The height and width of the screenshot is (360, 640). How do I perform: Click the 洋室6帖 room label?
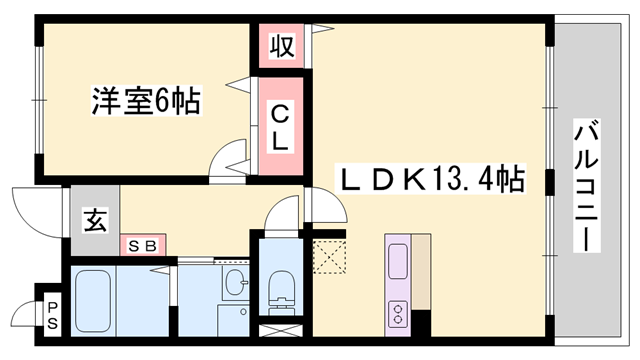pyautogui.click(x=146, y=100)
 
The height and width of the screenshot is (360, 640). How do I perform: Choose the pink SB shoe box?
pyautogui.click(x=146, y=244)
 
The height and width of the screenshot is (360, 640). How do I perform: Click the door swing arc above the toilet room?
pyautogui.click(x=284, y=214)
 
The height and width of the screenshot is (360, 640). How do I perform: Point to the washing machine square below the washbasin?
pyautogui.click(x=232, y=319)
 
